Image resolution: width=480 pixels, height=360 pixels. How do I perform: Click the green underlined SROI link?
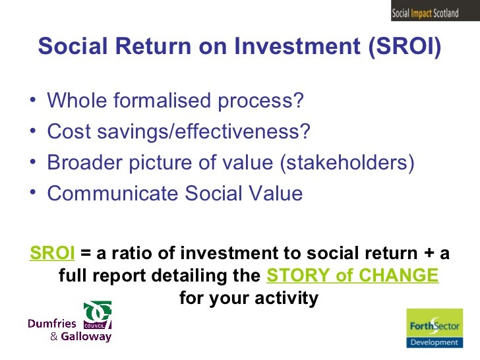(x=52, y=253)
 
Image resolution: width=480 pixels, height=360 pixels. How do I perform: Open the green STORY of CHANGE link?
(x=352, y=276)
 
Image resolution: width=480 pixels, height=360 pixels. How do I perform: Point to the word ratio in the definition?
(x=156, y=253)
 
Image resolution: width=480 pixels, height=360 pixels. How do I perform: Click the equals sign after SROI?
(x=84, y=254)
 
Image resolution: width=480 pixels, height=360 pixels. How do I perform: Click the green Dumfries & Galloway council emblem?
(x=98, y=316)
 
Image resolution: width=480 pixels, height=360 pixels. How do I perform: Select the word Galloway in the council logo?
(x=86, y=337)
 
